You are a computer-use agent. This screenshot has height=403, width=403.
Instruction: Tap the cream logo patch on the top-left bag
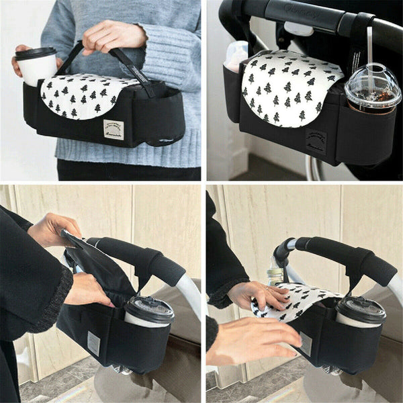tap(114, 129)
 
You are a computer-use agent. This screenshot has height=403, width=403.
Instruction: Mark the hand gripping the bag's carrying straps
tap(113, 36)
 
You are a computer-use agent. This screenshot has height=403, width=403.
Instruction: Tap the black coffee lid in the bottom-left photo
tap(148, 310)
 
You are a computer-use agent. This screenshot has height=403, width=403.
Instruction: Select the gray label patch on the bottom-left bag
tap(94, 343)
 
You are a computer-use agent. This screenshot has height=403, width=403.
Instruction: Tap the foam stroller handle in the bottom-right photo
tap(343, 255)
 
